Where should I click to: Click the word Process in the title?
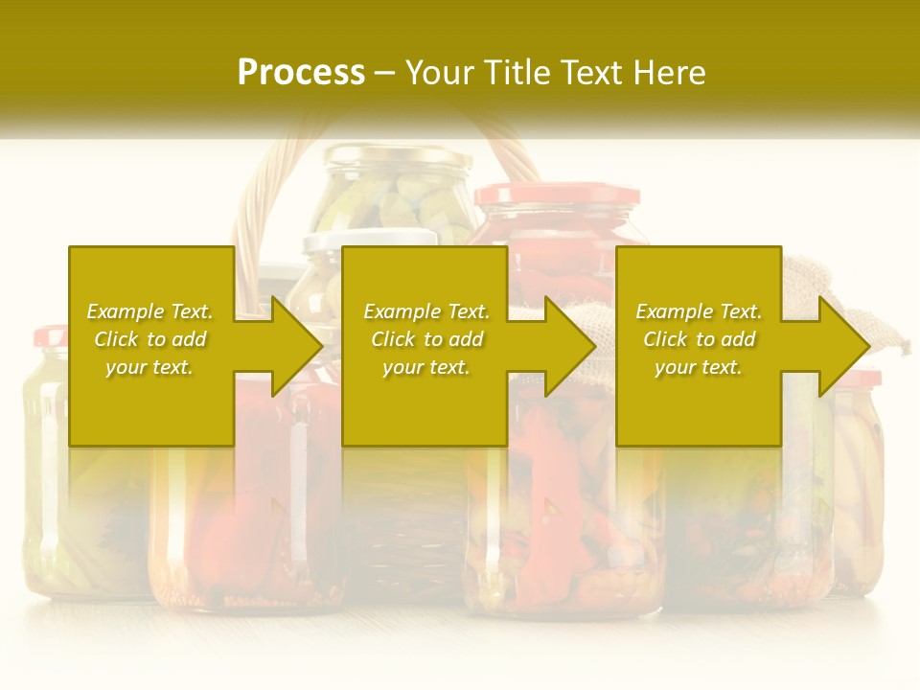(301, 73)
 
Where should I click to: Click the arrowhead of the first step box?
(295, 346)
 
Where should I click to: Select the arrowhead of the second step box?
(568, 346)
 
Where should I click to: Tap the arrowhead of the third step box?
(842, 346)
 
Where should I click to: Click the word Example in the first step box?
(126, 311)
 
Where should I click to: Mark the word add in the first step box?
(189, 339)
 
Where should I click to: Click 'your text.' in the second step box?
(425, 367)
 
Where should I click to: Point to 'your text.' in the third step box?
(698, 367)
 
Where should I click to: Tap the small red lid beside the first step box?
(50, 336)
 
